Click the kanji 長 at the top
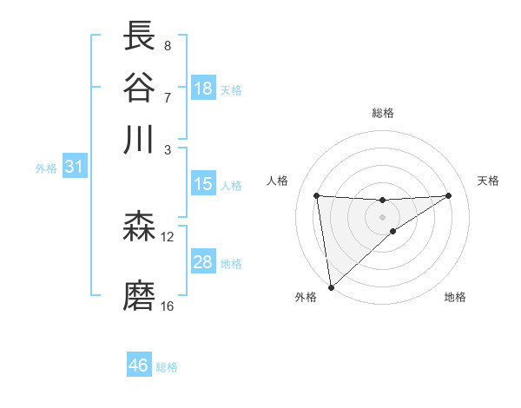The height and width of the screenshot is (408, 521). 140,36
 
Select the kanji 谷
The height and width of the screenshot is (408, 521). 140,87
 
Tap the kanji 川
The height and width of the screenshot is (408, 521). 140,139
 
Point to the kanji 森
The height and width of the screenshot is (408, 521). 140,227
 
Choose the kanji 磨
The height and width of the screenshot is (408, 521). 140,296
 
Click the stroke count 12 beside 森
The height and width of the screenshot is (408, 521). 168,236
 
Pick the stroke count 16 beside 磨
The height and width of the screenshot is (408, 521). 168,306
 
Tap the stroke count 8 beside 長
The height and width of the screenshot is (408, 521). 167,44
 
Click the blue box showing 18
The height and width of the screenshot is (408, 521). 203,89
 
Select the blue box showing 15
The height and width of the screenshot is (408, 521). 203,184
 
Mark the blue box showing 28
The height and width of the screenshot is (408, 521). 203,262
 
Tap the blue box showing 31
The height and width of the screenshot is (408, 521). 74,167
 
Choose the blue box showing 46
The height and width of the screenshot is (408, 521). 139,365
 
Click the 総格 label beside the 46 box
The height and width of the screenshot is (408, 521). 167,367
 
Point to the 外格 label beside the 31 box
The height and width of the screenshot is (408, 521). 45,168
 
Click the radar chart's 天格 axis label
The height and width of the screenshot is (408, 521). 489,181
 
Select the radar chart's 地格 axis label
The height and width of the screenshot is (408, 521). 455,297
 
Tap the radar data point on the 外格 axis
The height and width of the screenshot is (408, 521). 330,287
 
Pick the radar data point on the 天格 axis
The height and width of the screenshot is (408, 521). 449,195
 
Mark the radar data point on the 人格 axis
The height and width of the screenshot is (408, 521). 317,195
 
